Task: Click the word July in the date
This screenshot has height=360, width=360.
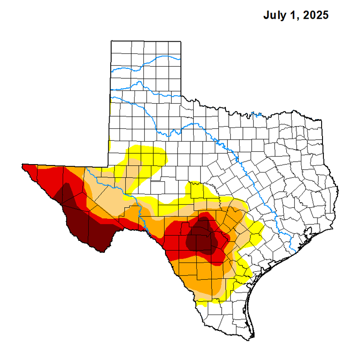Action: tap(275, 15)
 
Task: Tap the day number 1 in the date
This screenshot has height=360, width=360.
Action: tap(293, 15)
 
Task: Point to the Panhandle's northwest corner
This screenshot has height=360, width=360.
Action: tap(112, 41)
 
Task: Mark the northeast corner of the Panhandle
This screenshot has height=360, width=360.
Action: tap(180, 41)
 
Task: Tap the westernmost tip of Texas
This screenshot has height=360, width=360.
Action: tap(22, 165)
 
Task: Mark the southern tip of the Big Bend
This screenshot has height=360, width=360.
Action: tap(104, 251)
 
